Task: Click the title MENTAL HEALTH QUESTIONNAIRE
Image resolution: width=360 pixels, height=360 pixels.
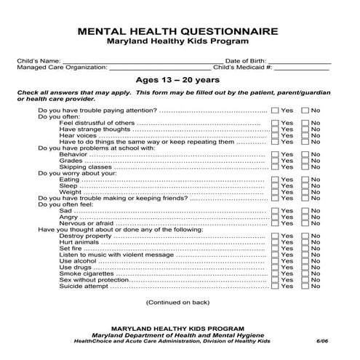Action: (x=179, y=31)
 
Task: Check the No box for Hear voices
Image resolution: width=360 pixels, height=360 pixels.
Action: (x=305, y=135)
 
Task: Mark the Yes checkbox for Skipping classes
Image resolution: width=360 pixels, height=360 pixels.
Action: (x=274, y=167)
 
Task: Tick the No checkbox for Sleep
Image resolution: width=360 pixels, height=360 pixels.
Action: (x=305, y=185)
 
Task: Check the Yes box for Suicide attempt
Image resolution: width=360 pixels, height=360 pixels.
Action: (x=274, y=286)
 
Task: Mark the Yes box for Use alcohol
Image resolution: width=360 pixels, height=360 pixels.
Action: (x=274, y=261)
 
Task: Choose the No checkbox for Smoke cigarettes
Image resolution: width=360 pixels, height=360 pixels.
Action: (x=305, y=273)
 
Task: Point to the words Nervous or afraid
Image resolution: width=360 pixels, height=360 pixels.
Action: (x=87, y=223)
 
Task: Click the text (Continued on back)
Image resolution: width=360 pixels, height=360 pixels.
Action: (x=179, y=301)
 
